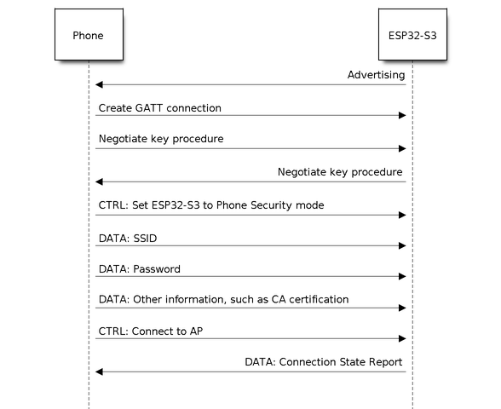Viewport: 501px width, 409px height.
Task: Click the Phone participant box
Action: [89, 34]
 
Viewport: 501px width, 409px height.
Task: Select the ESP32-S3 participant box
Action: [412, 34]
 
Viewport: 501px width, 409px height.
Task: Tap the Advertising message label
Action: [376, 75]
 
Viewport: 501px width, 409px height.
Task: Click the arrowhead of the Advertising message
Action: [99, 84]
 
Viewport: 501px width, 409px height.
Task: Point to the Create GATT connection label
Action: [160, 108]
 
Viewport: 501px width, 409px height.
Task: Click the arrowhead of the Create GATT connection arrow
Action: [402, 115]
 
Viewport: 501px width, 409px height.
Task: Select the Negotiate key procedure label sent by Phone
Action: [161, 139]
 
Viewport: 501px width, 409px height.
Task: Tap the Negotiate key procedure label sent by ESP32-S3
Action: [340, 172]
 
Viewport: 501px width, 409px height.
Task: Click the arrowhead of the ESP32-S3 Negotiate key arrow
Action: [99, 181]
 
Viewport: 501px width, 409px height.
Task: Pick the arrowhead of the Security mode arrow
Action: [402, 215]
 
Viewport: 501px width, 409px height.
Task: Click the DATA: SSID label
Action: [128, 239]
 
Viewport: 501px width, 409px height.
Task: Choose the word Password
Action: [157, 269]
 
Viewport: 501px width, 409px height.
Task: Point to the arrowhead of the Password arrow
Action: [402, 276]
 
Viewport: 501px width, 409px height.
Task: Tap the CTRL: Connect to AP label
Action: [151, 331]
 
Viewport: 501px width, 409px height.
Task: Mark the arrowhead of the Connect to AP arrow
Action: [402, 339]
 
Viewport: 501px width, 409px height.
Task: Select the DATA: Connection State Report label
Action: [324, 362]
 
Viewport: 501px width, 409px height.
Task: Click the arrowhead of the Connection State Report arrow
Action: [99, 372]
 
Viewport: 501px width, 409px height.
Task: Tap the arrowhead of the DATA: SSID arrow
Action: [402, 245]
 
